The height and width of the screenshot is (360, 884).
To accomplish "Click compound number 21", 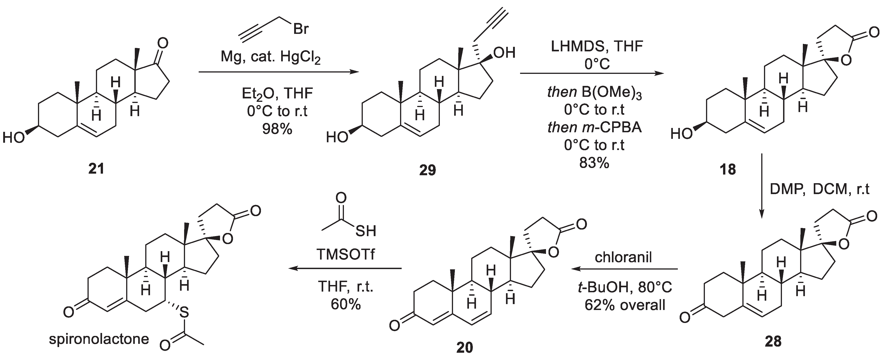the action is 96,169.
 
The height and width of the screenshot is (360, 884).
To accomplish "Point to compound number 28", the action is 773,341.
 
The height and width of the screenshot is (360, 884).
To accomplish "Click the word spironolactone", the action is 99,339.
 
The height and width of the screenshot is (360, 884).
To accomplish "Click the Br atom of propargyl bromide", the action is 301,29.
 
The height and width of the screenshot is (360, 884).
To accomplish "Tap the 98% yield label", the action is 277,129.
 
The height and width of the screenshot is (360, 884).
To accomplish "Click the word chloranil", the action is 623,257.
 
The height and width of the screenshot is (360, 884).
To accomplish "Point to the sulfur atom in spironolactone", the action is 184,312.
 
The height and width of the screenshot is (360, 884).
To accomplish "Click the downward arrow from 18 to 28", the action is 761,185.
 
